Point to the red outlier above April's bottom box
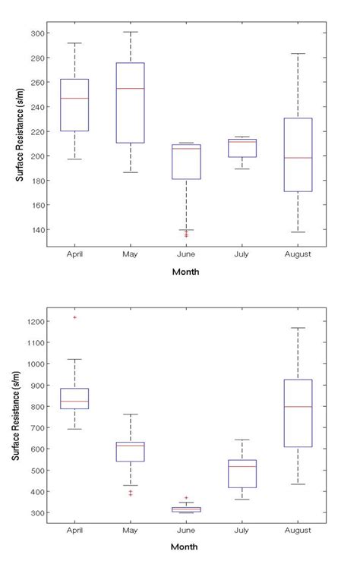pyautogui.click(x=74, y=317)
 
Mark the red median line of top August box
pyautogui.click(x=298, y=158)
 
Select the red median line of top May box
pyautogui.click(x=130, y=89)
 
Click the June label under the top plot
pyautogui.click(x=186, y=254)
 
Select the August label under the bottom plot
pyautogui.click(x=298, y=529)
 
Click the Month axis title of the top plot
pyautogui.click(x=185, y=272)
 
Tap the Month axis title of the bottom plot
pyautogui.click(x=185, y=547)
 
